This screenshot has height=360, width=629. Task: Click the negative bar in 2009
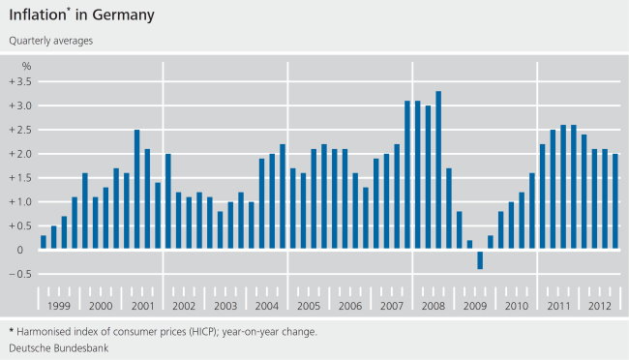[480, 259]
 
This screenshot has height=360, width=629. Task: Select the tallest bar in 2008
[438, 170]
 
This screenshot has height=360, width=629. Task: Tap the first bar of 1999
[44, 242]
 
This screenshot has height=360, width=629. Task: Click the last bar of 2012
[615, 201]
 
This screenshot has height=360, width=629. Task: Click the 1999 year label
[58, 306]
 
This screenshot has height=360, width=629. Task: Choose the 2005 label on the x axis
[308, 306]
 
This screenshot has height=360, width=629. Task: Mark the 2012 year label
[600, 306]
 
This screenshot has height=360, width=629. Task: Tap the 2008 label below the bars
[434, 306]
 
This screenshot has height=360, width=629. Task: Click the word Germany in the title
[121, 16]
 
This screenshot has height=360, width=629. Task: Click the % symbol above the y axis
[27, 65]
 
